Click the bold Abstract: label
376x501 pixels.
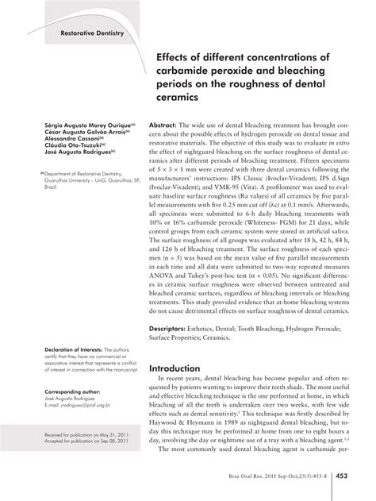click(163, 125)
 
